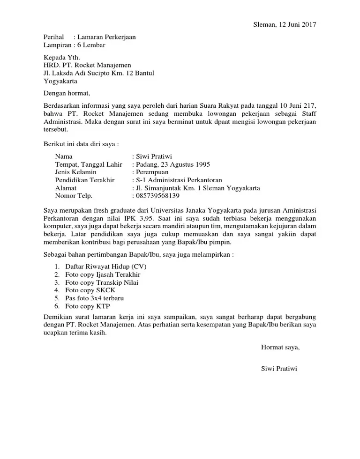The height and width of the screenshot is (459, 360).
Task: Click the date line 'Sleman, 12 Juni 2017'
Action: point(281,25)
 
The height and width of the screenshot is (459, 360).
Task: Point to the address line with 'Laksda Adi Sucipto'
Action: point(98,73)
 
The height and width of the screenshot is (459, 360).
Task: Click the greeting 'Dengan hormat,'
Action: point(66,93)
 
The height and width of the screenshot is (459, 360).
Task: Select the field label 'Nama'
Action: point(64,156)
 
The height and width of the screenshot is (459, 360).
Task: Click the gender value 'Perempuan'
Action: point(152,172)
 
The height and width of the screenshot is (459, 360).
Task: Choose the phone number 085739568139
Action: point(157,196)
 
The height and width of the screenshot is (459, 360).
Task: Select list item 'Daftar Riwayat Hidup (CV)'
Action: point(106,267)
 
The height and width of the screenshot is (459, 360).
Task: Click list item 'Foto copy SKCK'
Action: point(90,290)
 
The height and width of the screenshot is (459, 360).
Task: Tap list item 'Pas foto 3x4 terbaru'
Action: point(95,298)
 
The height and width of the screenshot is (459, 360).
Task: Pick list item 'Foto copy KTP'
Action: point(87,306)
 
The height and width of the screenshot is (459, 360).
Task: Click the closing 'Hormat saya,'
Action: point(280,347)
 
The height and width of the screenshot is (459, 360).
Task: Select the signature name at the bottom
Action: point(279,368)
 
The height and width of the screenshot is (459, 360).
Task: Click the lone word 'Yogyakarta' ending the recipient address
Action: point(61,81)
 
